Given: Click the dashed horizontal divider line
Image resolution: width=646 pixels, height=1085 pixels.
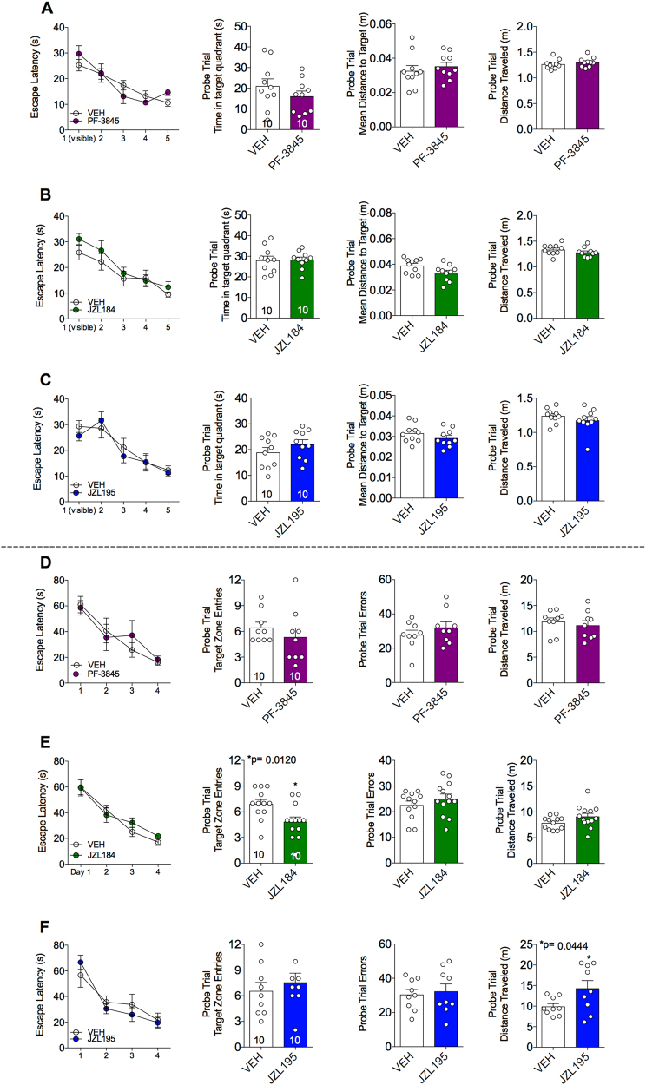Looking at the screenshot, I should (x=323, y=547).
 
